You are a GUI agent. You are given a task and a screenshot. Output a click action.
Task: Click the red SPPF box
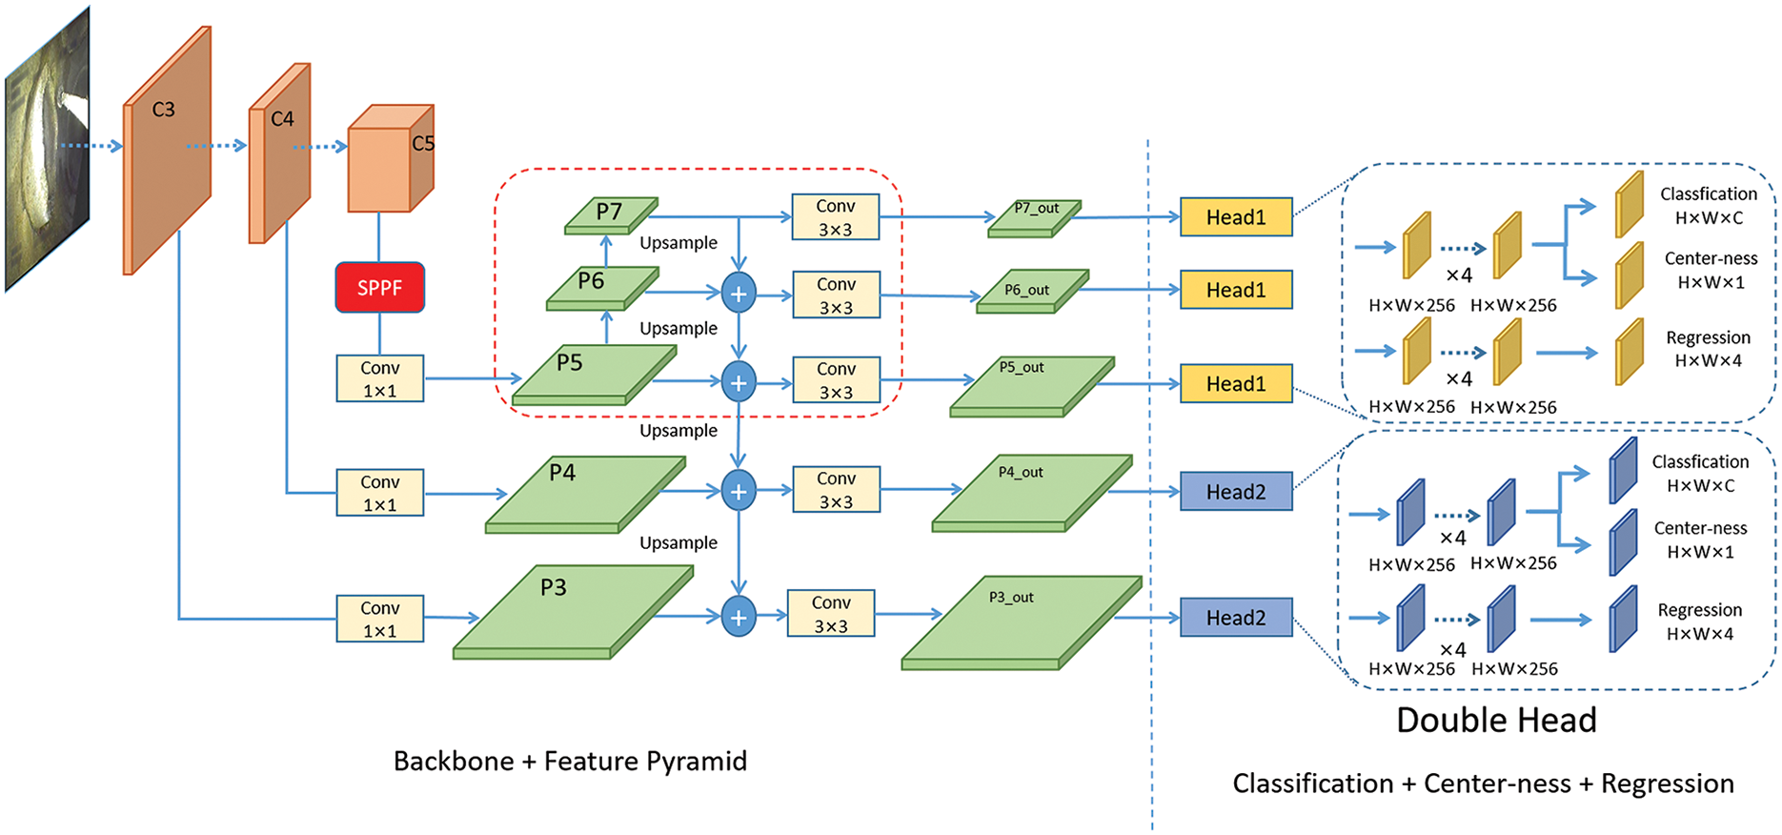tap(379, 288)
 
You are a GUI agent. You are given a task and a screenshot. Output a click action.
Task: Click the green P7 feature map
tap(610, 215)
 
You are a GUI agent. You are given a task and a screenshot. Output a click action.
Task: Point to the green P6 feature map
tap(600, 289)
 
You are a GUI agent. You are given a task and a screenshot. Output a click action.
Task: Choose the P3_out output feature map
tap(1020, 624)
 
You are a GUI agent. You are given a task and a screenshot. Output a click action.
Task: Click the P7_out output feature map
tap(1034, 218)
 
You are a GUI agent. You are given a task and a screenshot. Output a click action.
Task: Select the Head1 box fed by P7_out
tap(1236, 217)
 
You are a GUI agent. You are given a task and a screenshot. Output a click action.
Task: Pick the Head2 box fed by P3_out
tap(1236, 618)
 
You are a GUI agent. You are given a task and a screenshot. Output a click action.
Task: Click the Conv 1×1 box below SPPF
tap(379, 378)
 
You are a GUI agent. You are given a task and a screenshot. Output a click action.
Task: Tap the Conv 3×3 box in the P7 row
tap(835, 217)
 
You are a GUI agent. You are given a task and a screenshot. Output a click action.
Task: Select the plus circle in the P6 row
tap(739, 293)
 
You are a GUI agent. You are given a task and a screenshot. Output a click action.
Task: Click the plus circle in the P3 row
tap(739, 617)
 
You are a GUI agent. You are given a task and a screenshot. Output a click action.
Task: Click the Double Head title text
tap(1496, 720)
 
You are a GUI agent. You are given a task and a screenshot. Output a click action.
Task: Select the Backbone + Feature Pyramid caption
tap(570, 761)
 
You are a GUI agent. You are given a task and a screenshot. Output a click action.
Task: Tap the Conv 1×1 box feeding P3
tap(379, 619)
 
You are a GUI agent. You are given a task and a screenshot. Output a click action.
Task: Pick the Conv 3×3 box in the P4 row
tap(836, 490)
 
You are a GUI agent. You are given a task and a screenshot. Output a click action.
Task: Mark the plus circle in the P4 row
tap(739, 492)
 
